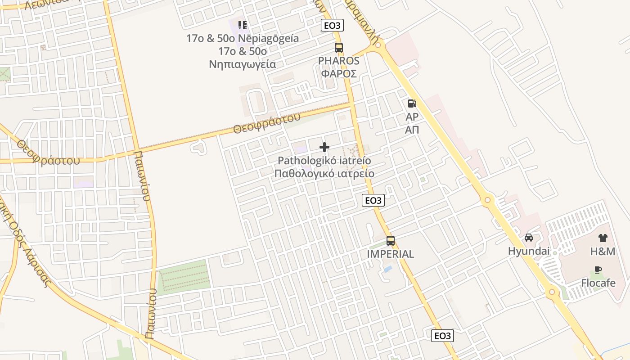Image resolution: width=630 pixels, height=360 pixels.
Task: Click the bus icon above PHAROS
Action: click(x=338, y=47)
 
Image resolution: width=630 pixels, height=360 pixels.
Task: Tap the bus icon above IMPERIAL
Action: click(x=391, y=240)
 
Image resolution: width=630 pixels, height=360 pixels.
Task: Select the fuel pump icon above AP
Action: click(x=412, y=103)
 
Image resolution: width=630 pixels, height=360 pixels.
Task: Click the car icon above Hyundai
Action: click(x=529, y=237)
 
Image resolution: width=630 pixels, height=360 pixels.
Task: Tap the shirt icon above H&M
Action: click(x=603, y=238)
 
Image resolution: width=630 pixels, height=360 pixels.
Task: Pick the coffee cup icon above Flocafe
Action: click(x=598, y=270)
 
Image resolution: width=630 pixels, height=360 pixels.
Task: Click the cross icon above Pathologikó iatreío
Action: click(x=324, y=147)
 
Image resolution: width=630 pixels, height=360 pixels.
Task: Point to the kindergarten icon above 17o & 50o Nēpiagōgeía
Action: click(x=243, y=25)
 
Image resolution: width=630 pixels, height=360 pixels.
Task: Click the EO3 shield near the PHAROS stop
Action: click(x=332, y=26)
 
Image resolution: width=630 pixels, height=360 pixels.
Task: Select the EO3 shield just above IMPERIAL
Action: click(x=373, y=200)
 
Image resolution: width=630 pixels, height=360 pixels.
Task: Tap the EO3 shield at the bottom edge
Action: click(x=442, y=336)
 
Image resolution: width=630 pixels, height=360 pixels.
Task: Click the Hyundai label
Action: click(x=529, y=251)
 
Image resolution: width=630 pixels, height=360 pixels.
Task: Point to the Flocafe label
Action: click(x=598, y=283)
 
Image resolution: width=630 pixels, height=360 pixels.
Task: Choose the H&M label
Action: click(x=603, y=252)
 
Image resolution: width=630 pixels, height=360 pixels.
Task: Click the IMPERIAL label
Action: click(x=391, y=254)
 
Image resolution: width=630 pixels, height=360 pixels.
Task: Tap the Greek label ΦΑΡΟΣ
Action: click(x=339, y=73)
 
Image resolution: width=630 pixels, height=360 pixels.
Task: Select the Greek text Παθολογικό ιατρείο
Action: click(x=324, y=174)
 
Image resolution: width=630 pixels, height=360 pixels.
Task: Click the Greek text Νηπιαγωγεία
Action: click(x=242, y=64)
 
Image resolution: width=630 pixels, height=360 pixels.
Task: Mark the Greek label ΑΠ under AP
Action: click(x=412, y=130)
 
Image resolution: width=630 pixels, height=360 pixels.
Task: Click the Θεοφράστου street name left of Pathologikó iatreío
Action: click(x=266, y=124)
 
